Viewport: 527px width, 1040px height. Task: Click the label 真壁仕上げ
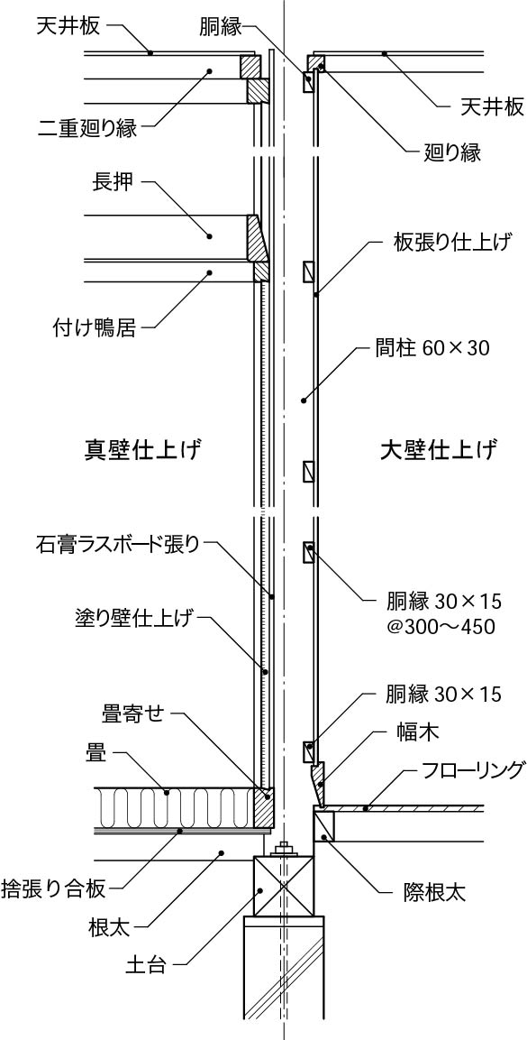click(142, 448)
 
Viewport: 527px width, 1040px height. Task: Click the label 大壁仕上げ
click(439, 448)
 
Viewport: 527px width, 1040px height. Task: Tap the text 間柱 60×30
click(432, 347)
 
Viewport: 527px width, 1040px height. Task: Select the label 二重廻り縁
click(88, 127)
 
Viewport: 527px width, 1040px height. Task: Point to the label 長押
click(113, 183)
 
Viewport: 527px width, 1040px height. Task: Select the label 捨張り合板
click(54, 888)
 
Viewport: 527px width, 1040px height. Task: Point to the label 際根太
click(434, 893)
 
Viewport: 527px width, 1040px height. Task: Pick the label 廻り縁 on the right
click(451, 152)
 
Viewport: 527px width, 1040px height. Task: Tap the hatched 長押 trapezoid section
click(257, 237)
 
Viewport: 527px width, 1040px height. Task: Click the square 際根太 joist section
click(323, 824)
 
